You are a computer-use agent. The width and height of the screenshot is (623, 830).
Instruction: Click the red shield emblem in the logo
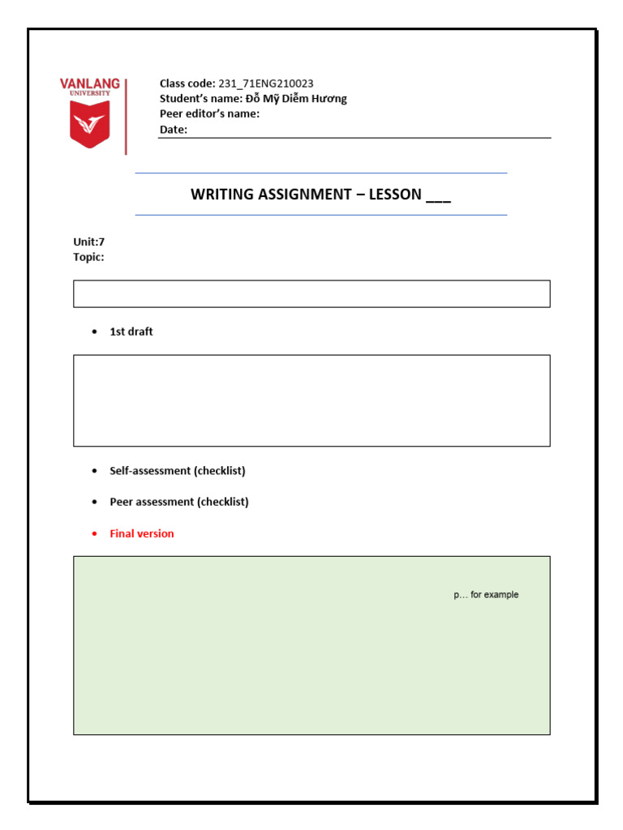click(x=89, y=126)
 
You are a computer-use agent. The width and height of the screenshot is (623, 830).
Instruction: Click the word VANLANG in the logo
click(x=89, y=83)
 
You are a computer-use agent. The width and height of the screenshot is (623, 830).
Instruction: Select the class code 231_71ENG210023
click(x=266, y=83)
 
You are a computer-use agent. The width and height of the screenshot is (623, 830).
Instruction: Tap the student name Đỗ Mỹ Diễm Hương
click(x=296, y=99)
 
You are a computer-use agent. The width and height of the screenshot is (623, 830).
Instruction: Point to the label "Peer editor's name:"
click(x=209, y=113)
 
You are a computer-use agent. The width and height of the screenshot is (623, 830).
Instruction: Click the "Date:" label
click(x=173, y=130)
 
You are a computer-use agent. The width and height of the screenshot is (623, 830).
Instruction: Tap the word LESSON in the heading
click(x=395, y=195)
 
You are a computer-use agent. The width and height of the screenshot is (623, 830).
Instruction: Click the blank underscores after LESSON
click(x=438, y=196)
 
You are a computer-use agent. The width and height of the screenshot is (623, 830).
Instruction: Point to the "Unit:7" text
click(x=88, y=242)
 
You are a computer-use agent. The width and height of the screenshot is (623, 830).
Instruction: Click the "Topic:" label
click(x=88, y=257)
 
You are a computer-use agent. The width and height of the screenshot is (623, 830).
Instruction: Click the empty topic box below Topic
click(x=311, y=293)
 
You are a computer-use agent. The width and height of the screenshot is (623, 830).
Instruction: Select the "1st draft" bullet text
click(x=131, y=332)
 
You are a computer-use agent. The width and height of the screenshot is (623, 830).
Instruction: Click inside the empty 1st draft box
click(x=311, y=400)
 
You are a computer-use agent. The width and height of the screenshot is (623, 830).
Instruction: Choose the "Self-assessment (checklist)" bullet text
click(x=178, y=471)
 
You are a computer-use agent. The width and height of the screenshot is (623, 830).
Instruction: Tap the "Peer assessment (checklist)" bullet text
click(x=179, y=502)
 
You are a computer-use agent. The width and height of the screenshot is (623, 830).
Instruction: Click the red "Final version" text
click(x=142, y=533)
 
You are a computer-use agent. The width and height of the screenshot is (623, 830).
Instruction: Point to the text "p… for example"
click(x=486, y=595)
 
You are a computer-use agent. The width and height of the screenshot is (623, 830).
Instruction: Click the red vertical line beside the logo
click(x=126, y=117)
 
